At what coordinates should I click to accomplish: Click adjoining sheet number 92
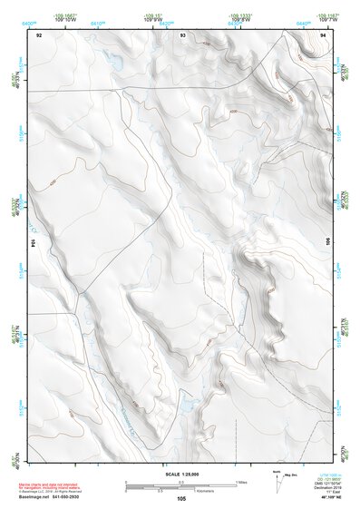coord(38,35)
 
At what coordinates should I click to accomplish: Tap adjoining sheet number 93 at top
coord(183,35)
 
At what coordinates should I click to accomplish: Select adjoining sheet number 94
coord(324,35)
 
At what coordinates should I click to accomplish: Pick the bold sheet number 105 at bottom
coord(181,498)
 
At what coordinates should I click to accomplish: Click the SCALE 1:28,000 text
coord(181,474)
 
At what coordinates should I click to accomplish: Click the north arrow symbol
coord(277,478)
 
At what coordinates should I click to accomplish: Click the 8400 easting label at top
coord(29,22)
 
